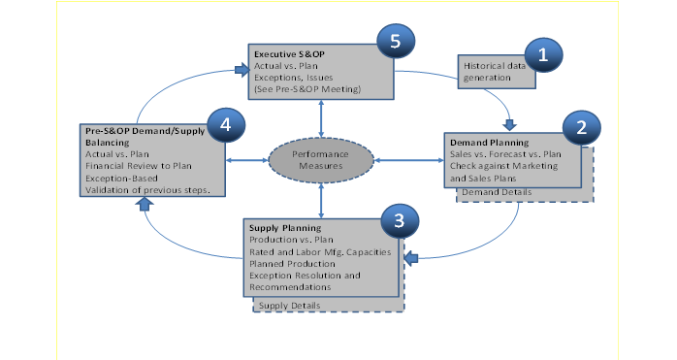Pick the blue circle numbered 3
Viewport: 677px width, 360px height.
399,221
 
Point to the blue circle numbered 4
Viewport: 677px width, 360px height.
224,126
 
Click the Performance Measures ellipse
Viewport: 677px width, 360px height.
320,158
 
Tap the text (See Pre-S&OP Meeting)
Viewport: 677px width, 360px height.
306,89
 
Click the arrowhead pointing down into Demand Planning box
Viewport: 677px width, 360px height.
511,122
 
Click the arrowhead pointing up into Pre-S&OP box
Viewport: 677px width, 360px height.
145,203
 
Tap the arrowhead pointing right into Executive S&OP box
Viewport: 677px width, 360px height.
239,69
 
